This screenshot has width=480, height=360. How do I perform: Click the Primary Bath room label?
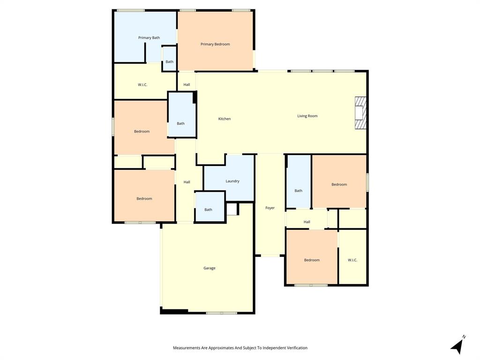tap(149, 37)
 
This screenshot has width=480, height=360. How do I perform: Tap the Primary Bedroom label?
tap(215, 44)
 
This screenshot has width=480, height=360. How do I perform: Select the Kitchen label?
tap(225, 119)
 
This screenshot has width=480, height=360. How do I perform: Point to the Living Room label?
tap(307, 116)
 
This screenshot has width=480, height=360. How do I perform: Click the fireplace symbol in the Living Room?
tap(360, 112)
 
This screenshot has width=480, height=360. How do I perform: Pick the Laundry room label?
tap(232, 181)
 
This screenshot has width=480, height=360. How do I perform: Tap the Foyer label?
tap(270, 208)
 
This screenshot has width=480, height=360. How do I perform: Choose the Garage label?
tap(210, 268)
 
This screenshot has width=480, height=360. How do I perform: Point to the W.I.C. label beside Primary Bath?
tap(142, 85)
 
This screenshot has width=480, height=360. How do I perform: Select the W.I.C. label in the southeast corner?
tap(352, 260)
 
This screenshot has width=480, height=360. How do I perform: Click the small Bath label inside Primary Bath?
tap(169, 61)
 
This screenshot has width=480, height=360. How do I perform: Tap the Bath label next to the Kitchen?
tap(180, 123)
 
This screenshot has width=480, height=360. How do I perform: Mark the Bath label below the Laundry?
tap(208, 210)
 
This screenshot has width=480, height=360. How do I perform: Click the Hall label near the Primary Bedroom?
tap(187, 85)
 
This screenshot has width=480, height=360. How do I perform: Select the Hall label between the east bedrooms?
tap(307, 222)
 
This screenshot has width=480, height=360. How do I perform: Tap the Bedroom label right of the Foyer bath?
tap(339, 184)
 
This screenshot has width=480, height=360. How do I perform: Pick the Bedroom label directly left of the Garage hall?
tap(144, 198)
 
